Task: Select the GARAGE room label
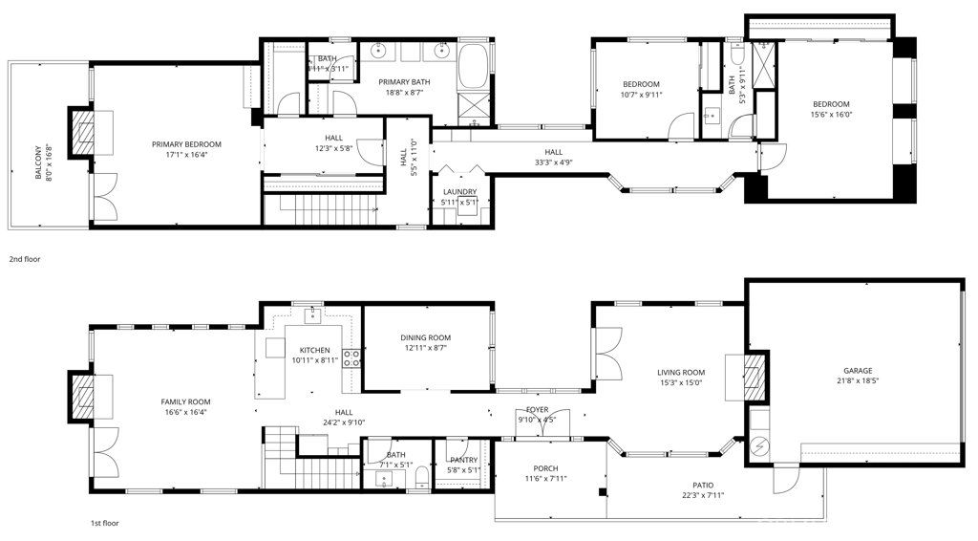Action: (857, 371)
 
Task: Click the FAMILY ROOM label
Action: (186, 401)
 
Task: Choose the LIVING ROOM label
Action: (680, 373)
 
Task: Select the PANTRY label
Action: (463, 460)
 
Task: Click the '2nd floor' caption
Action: (25, 259)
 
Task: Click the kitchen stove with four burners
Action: (351, 358)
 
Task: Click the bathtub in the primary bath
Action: (473, 68)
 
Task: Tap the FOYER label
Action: (537, 409)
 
